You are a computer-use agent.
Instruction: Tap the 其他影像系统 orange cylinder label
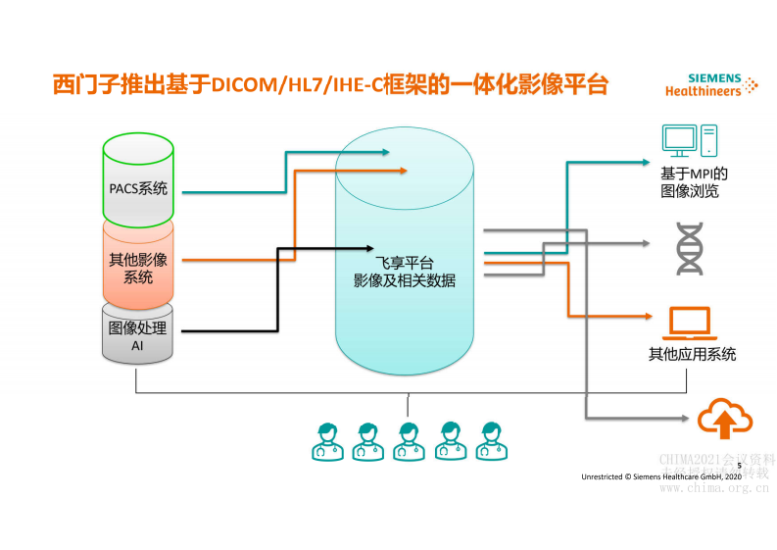pos(138,268)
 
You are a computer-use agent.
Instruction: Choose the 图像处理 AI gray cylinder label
pos(138,337)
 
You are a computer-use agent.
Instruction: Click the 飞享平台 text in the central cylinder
pos(404,263)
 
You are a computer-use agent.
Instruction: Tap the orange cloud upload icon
pos(724,420)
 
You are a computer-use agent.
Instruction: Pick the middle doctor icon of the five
pos(408,441)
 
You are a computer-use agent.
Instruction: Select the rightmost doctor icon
pos(489,441)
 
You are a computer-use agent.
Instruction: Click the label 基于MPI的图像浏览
pos(692,182)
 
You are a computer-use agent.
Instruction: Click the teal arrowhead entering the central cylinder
pos(385,152)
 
